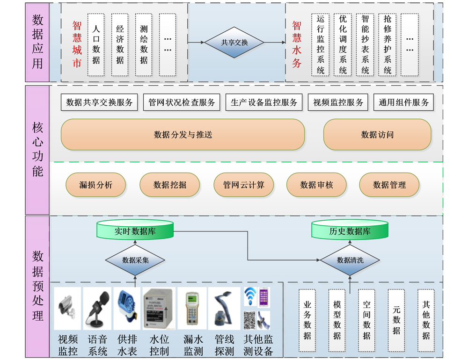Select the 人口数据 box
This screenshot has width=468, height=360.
(96, 44)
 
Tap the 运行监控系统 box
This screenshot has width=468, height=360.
(321, 44)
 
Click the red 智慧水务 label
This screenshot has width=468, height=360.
(297, 44)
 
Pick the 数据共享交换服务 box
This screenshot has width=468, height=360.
(99, 102)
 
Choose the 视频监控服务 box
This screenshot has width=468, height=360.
(337, 102)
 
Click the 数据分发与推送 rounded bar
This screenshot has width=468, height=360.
(183, 135)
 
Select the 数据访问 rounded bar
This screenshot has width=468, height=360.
(377, 135)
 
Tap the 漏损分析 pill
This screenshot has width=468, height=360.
(95, 185)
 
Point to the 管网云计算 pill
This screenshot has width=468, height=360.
(243, 185)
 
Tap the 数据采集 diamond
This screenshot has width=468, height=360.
(135, 260)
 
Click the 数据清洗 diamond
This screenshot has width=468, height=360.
(350, 260)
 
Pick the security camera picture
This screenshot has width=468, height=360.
(67, 309)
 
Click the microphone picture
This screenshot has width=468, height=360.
(97, 309)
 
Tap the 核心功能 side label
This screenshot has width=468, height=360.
(37, 150)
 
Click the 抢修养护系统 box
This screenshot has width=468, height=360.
(388, 44)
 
